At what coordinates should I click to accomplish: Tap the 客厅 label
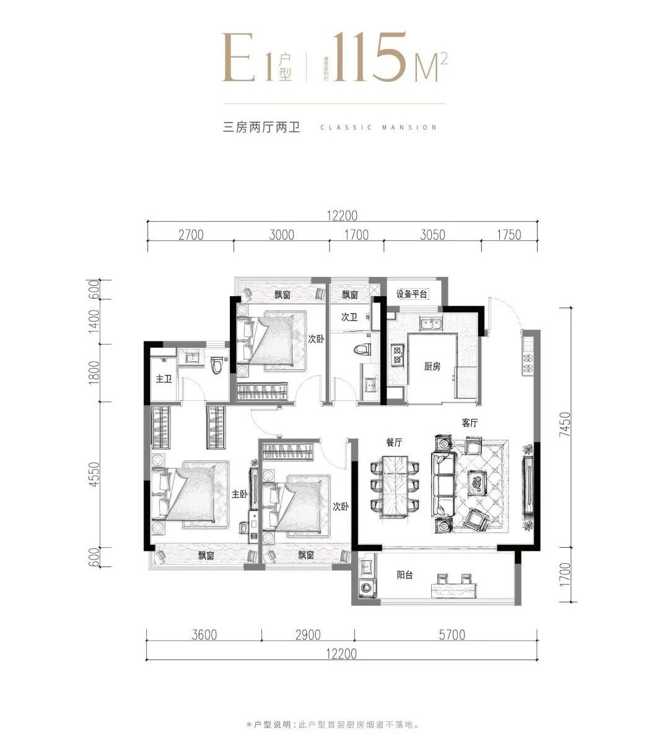(470, 423)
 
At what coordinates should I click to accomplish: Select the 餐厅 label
(394, 442)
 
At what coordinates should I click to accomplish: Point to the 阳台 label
(404, 575)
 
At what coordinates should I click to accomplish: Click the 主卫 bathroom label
(164, 379)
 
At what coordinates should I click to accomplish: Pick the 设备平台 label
(412, 294)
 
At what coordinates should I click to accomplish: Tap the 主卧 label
(240, 494)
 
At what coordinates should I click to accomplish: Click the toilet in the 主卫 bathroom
(216, 366)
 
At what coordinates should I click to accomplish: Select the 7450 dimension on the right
(564, 424)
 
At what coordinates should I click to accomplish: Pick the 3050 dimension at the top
(432, 235)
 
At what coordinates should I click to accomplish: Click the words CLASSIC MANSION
(378, 128)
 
